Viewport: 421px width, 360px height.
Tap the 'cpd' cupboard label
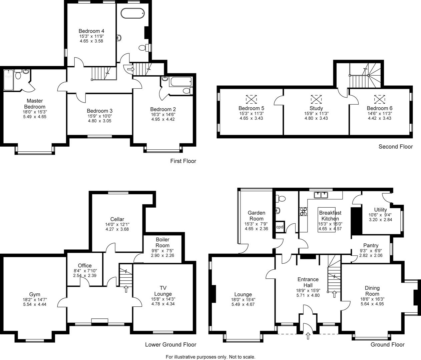coord(280,227)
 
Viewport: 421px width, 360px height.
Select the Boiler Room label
coord(162,242)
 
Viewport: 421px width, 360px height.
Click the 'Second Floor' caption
coord(395,147)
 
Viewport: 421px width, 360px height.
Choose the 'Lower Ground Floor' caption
coord(170,345)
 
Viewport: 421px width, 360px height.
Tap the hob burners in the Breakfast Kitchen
coord(304,211)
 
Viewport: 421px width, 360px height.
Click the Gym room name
coord(35,294)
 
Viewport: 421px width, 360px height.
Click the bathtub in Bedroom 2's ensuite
coord(180,81)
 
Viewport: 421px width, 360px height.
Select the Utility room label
coord(380,210)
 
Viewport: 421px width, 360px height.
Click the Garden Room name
coord(257,216)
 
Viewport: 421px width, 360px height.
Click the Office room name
coord(85,266)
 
